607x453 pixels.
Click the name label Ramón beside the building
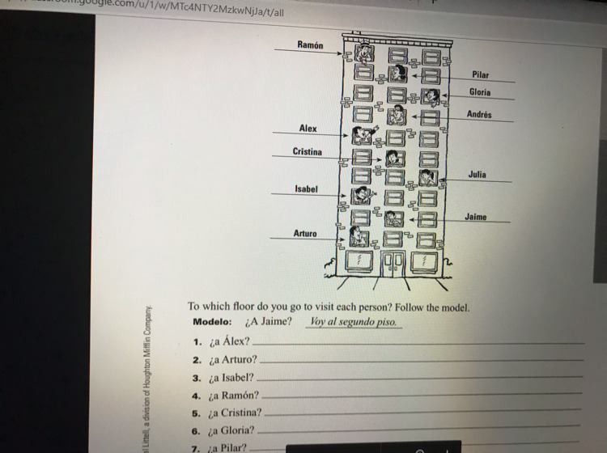point(309,45)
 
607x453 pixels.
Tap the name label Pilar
point(481,74)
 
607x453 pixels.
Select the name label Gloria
point(480,92)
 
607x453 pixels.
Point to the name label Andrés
point(479,115)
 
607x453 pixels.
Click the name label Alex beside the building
point(308,129)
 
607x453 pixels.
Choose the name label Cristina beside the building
point(307,152)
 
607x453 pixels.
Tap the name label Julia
point(477,174)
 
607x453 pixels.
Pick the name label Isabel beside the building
point(307,189)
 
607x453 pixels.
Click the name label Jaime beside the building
point(476,216)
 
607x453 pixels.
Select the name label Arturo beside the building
point(305,234)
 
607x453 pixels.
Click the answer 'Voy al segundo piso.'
point(354,322)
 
